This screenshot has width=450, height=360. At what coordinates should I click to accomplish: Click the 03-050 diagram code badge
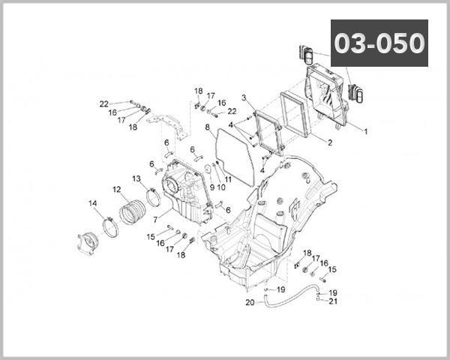tap(379, 43)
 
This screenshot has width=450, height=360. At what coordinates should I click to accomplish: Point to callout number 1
tap(365, 131)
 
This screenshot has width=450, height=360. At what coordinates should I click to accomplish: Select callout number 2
tap(330, 142)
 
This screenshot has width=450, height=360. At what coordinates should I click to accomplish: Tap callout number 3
tap(244, 97)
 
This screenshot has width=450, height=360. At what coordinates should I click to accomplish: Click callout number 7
tap(155, 220)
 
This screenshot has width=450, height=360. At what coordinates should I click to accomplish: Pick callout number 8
tap(207, 127)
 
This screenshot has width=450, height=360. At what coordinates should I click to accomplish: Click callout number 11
tap(227, 180)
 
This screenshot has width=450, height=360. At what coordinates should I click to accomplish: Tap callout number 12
tap(117, 189)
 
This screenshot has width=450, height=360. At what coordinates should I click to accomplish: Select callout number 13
tap(136, 178)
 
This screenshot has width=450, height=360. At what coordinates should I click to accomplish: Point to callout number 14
tap(93, 203)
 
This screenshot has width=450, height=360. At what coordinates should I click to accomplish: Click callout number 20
tap(250, 302)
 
